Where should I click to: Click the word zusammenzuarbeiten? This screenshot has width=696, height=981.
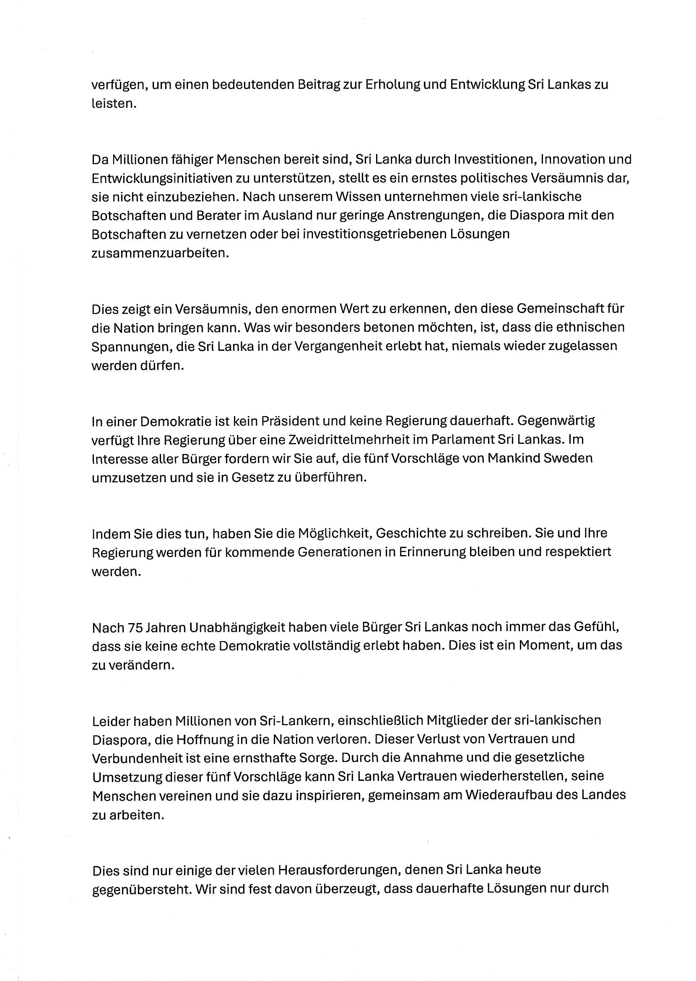coord(160,253)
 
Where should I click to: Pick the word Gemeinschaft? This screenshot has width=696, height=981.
coord(557,308)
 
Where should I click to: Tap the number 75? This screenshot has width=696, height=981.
coord(135,628)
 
